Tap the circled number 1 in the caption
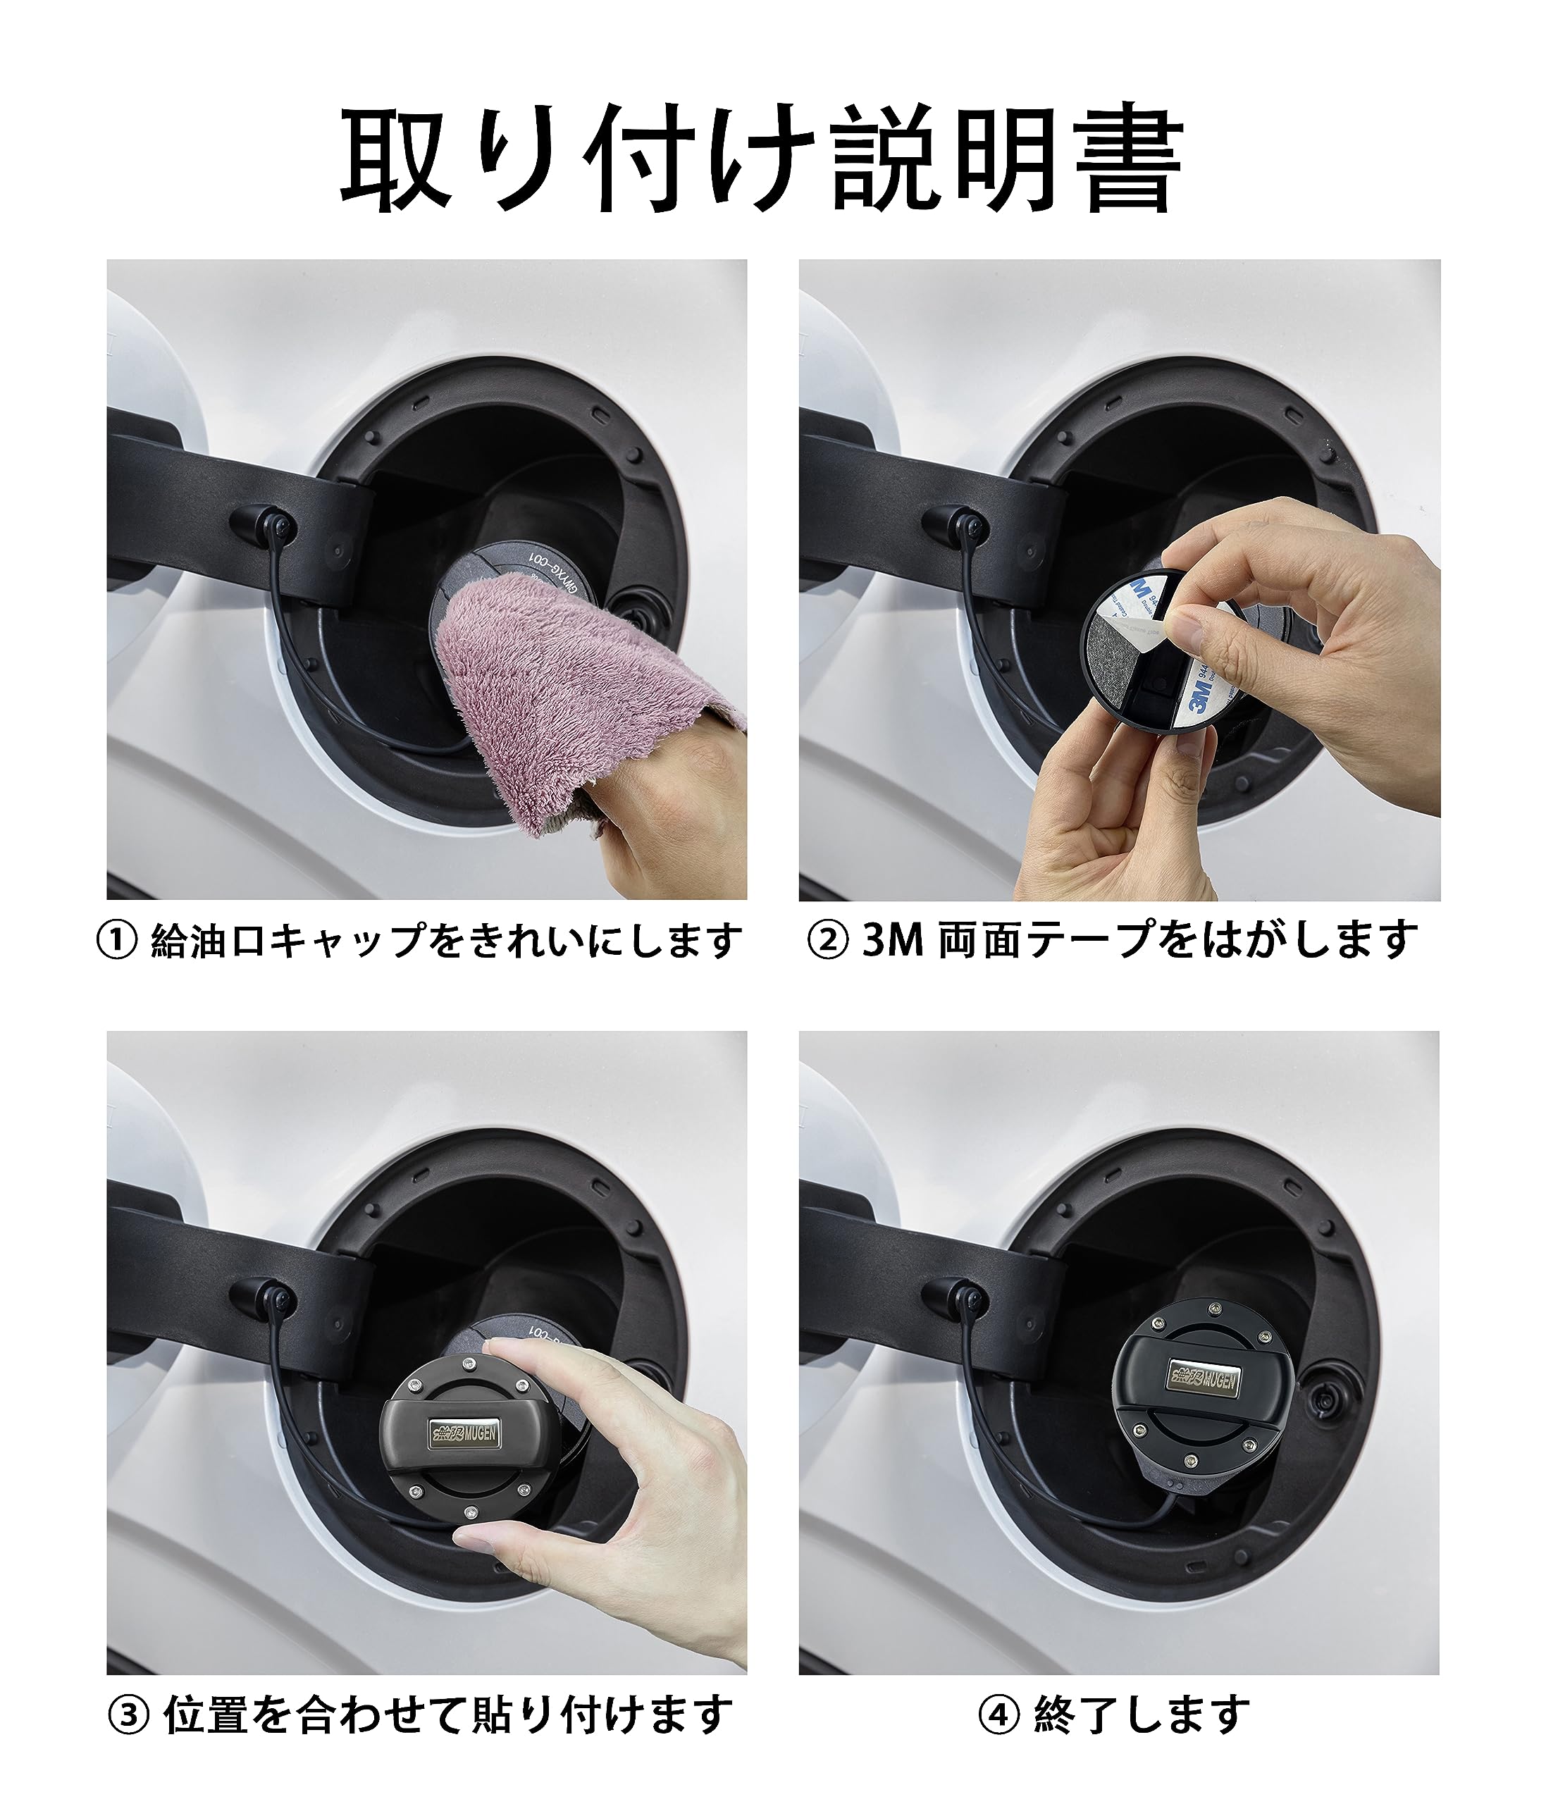click(117, 940)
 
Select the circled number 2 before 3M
click(828, 940)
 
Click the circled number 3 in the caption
click(128, 1715)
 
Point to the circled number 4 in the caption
click(998, 1715)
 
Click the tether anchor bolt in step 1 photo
click(277, 525)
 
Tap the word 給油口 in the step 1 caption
click(209, 940)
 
